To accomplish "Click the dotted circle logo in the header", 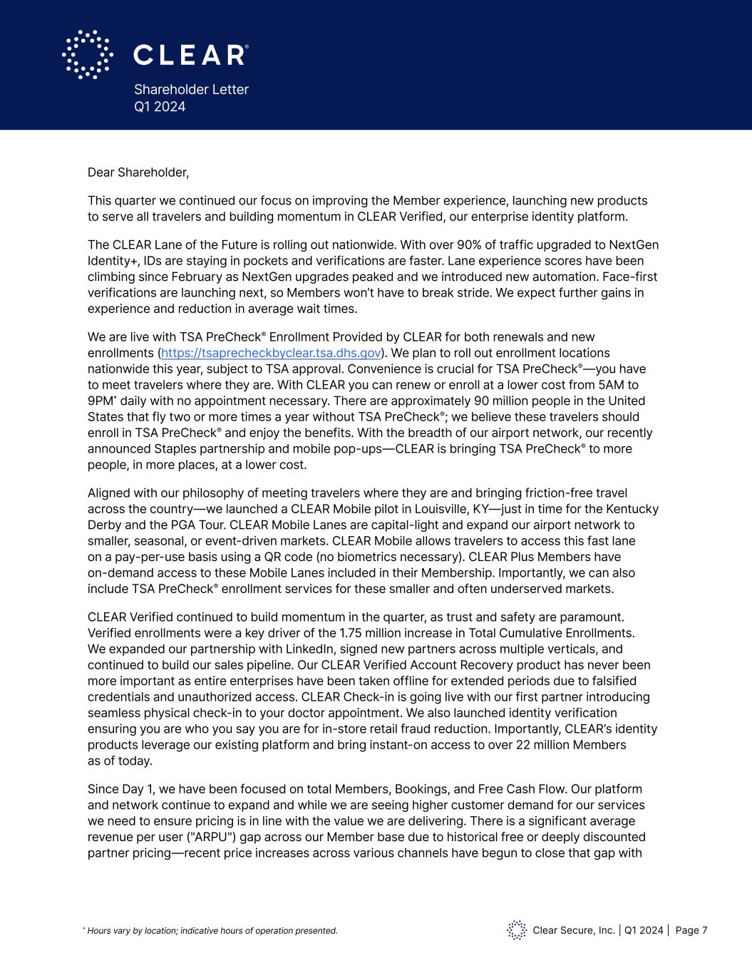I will (88, 54).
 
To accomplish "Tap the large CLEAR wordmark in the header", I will (191, 55).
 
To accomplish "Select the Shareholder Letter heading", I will (191, 89).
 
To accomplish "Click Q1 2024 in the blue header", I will (160, 106).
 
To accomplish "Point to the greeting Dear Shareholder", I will (138, 172).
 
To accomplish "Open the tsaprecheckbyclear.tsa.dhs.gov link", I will (271, 353).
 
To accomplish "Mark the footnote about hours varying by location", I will (212, 930).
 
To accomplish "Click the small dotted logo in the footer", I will (517, 930).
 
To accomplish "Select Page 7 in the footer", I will (691, 930).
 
